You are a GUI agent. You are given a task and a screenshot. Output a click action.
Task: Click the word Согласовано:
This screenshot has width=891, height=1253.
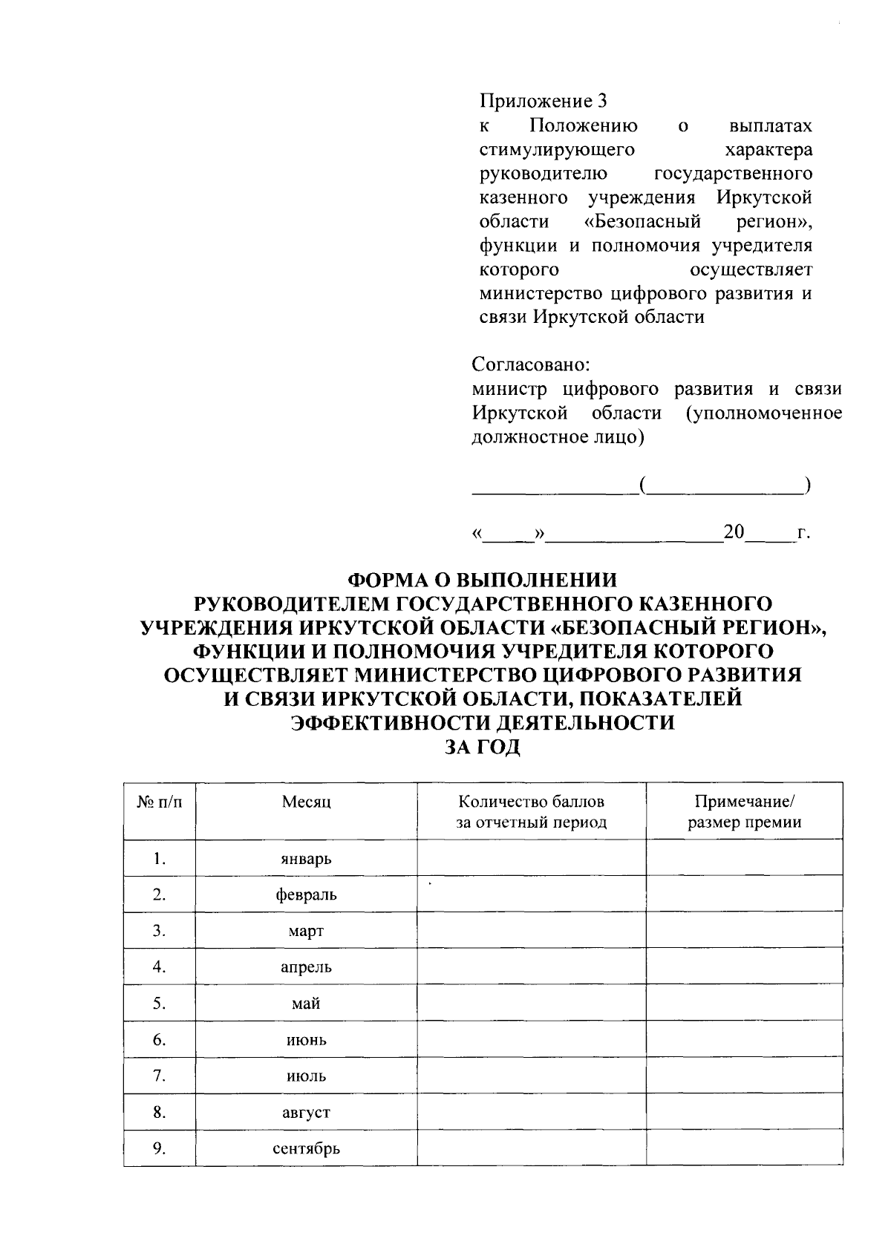point(531,365)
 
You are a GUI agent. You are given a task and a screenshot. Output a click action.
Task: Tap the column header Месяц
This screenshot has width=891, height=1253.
point(306,802)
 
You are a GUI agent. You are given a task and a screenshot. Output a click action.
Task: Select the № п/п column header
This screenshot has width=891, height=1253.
point(159,802)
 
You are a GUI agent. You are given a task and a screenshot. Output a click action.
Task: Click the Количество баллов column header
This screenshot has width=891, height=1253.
point(531,811)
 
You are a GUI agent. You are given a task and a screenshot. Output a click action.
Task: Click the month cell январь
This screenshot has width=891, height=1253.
point(306,859)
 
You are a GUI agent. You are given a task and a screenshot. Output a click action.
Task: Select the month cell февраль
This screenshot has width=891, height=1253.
point(306,895)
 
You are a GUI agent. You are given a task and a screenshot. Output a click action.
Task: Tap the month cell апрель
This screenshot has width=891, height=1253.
point(306,967)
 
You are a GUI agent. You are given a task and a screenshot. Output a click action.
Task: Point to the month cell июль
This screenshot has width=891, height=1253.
point(306,1076)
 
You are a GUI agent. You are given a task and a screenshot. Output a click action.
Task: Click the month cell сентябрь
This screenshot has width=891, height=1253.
point(306,1149)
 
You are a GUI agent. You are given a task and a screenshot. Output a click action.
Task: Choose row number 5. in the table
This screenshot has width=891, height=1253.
point(159,1004)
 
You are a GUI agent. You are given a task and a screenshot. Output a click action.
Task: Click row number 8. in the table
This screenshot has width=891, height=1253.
point(159,1113)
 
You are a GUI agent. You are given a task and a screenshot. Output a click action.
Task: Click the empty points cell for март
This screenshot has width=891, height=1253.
point(531,931)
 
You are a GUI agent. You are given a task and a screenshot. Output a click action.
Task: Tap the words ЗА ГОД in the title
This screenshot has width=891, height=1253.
point(483,747)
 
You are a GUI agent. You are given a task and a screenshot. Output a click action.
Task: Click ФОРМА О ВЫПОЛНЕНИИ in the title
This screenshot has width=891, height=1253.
point(483,579)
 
